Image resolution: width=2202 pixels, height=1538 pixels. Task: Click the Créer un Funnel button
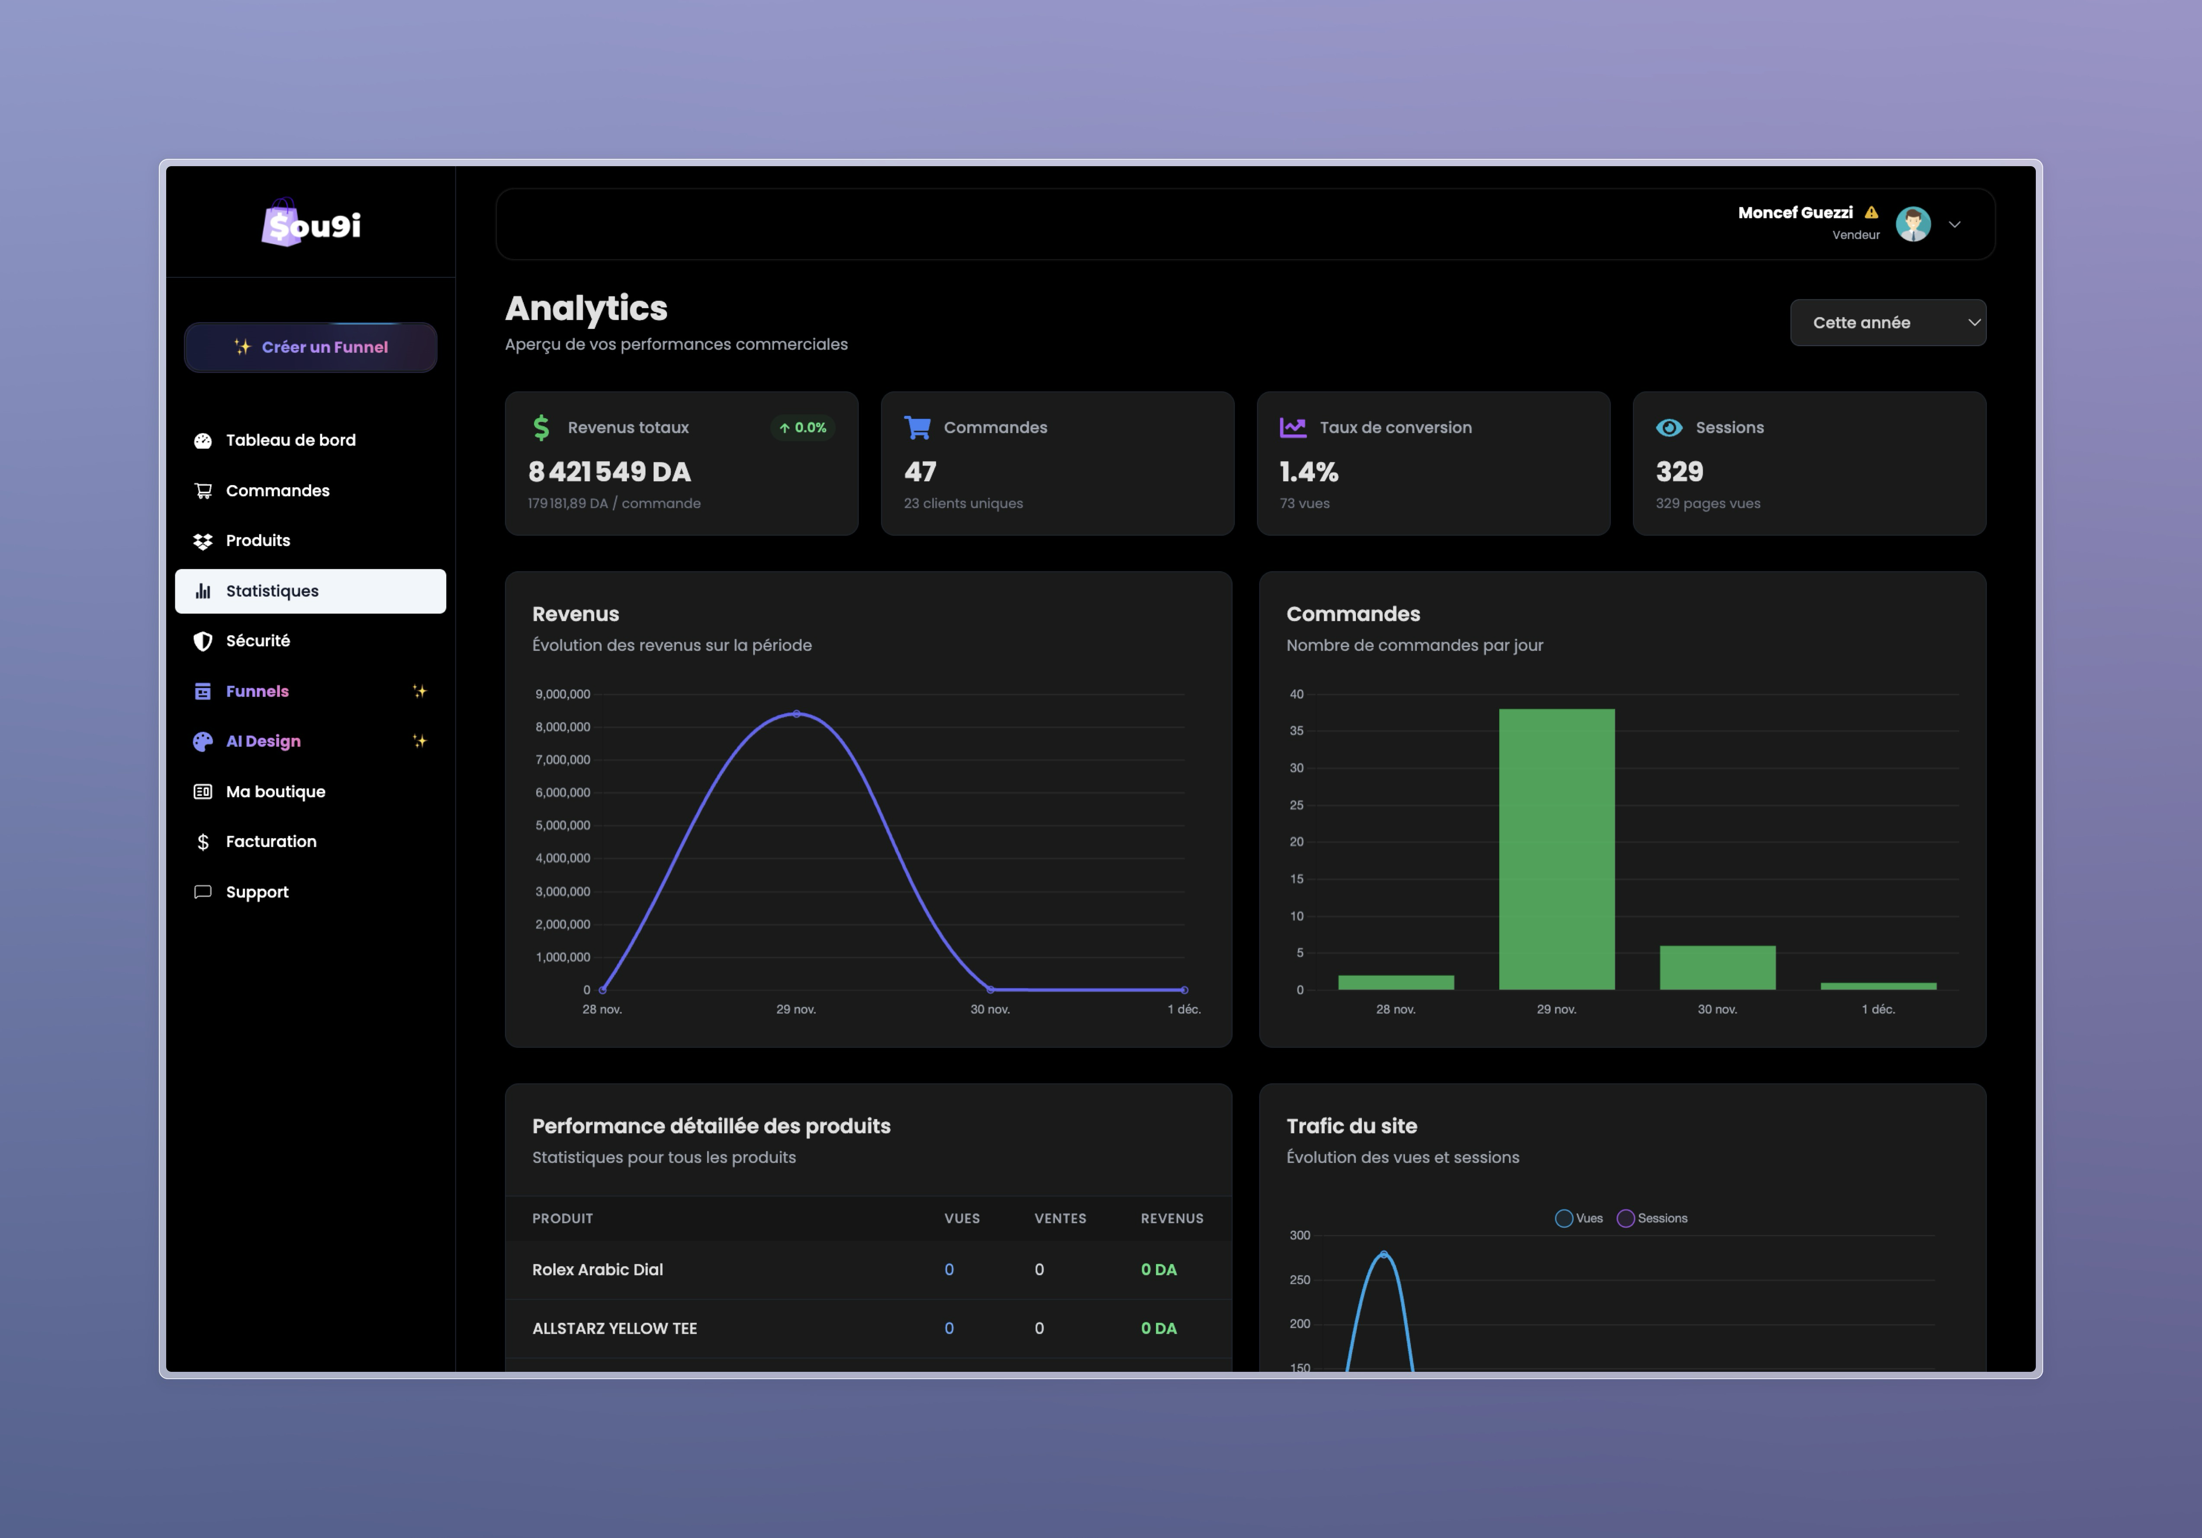(311, 347)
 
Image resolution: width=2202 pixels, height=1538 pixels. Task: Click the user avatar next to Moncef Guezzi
(1912, 224)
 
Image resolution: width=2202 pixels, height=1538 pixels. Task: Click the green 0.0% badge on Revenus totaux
(803, 428)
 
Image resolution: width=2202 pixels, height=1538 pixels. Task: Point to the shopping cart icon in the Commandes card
(917, 428)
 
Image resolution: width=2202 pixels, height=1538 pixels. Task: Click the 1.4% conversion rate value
(1308, 472)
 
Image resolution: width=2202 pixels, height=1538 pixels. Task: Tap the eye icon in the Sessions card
(1669, 428)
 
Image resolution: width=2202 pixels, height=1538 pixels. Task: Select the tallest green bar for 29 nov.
(1555, 849)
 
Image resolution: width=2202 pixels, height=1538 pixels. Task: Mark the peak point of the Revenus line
(796, 713)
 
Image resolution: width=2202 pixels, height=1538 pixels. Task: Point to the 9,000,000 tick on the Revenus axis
(563, 694)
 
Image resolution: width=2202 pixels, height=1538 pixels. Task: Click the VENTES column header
(1060, 1218)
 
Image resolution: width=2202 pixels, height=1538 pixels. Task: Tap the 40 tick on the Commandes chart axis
(1297, 694)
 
